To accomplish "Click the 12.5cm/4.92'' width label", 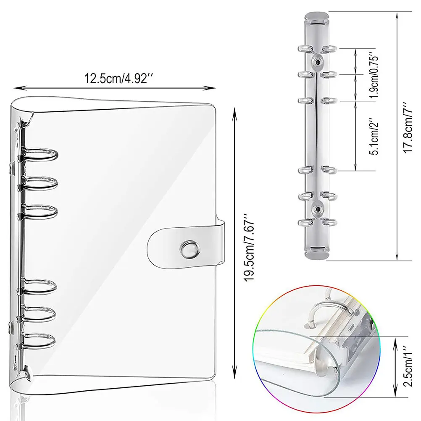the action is point(118,79).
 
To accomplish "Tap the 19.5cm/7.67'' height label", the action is point(249,247).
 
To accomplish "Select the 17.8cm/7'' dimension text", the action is point(408,127).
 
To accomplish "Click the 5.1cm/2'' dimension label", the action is point(374,136).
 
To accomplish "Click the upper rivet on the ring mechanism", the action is point(317,62).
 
